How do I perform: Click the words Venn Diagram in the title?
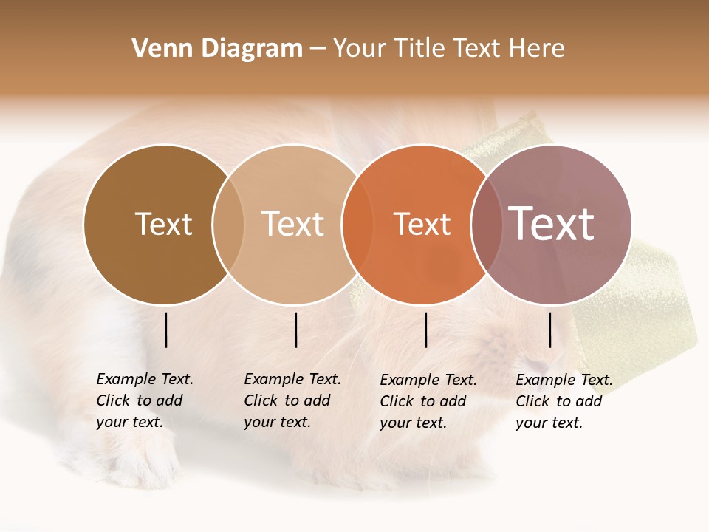pyautogui.click(x=217, y=49)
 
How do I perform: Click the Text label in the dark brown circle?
pyautogui.click(x=163, y=224)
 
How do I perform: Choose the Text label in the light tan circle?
pyautogui.click(x=292, y=224)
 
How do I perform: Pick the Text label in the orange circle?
pyautogui.click(x=422, y=225)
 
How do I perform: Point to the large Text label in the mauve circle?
pyautogui.click(x=551, y=223)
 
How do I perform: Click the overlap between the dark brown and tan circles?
pyautogui.click(x=228, y=225)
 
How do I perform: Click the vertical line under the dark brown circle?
pyautogui.click(x=166, y=330)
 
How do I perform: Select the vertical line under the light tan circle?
pyautogui.click(x=295, y=330)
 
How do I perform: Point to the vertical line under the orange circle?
pyautogui.click(x=425, y=330)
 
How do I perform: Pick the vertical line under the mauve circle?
pyautogui.click(x=549, y=330)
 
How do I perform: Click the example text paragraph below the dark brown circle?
pyautogui.click(x=144, y=400)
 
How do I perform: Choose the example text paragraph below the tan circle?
pyautogui.click(x=292, y=400)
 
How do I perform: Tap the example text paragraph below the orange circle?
pyautogui.click(x=428, y=401)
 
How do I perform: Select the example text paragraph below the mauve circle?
pyautogui.click(x=564, y=401)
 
